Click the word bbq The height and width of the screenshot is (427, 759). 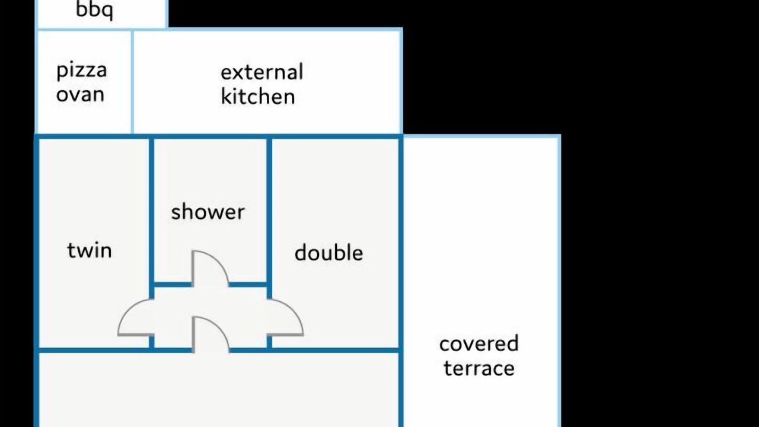(x=94, y=10)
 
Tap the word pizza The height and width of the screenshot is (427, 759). (x=82, y=70)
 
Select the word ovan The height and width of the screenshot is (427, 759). (x=80, y=94)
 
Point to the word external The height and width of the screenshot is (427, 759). (x=262, y=72)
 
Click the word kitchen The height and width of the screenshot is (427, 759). (x=258, y=96)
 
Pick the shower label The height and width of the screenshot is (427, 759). (x=208, y=212)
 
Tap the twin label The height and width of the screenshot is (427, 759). (x=90, y=250)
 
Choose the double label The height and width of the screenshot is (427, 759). (x=329, y=253)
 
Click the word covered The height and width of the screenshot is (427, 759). (x=479, y=343)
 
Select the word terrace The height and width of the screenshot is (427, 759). (x=479, y=368)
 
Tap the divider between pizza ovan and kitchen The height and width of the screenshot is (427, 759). (x=132, y=81)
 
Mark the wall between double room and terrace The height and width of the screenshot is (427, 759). (x=401, y=281)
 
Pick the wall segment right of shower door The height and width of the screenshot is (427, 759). (x=248, y=284)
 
